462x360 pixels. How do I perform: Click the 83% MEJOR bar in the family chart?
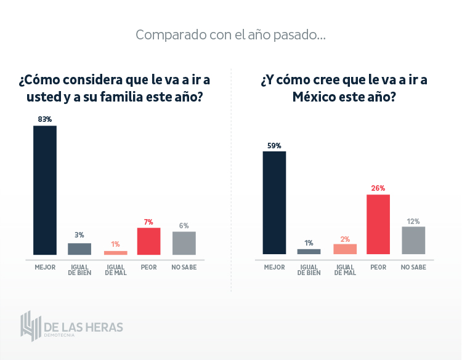click(x=44, y=190)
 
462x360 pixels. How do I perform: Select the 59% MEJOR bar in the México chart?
click(x=274, y=202)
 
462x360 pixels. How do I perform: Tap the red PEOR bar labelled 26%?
click(x=378, y=224)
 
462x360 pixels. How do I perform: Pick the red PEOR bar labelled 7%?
click(x=148, y=241)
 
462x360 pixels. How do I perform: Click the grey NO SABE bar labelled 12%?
click(x=413, y=240)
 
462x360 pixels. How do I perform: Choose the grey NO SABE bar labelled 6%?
click(x=184, y=242)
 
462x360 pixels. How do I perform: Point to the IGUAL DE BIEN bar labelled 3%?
click(x=79, y=249)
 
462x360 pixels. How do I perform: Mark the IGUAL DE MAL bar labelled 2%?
click(x=345, y=249)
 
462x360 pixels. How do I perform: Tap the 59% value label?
click(x=274, y=146)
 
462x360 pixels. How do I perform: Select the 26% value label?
click(x=378, y=188)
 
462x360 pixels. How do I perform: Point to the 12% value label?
click(x=413, y=221)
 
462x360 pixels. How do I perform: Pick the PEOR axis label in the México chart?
click(x=378, y=267)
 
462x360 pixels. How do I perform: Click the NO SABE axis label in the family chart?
click(x=184, y=267)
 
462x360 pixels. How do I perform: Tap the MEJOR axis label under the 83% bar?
click(x=44, y=267)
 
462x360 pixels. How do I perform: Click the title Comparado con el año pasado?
click(x=230, y=34)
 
